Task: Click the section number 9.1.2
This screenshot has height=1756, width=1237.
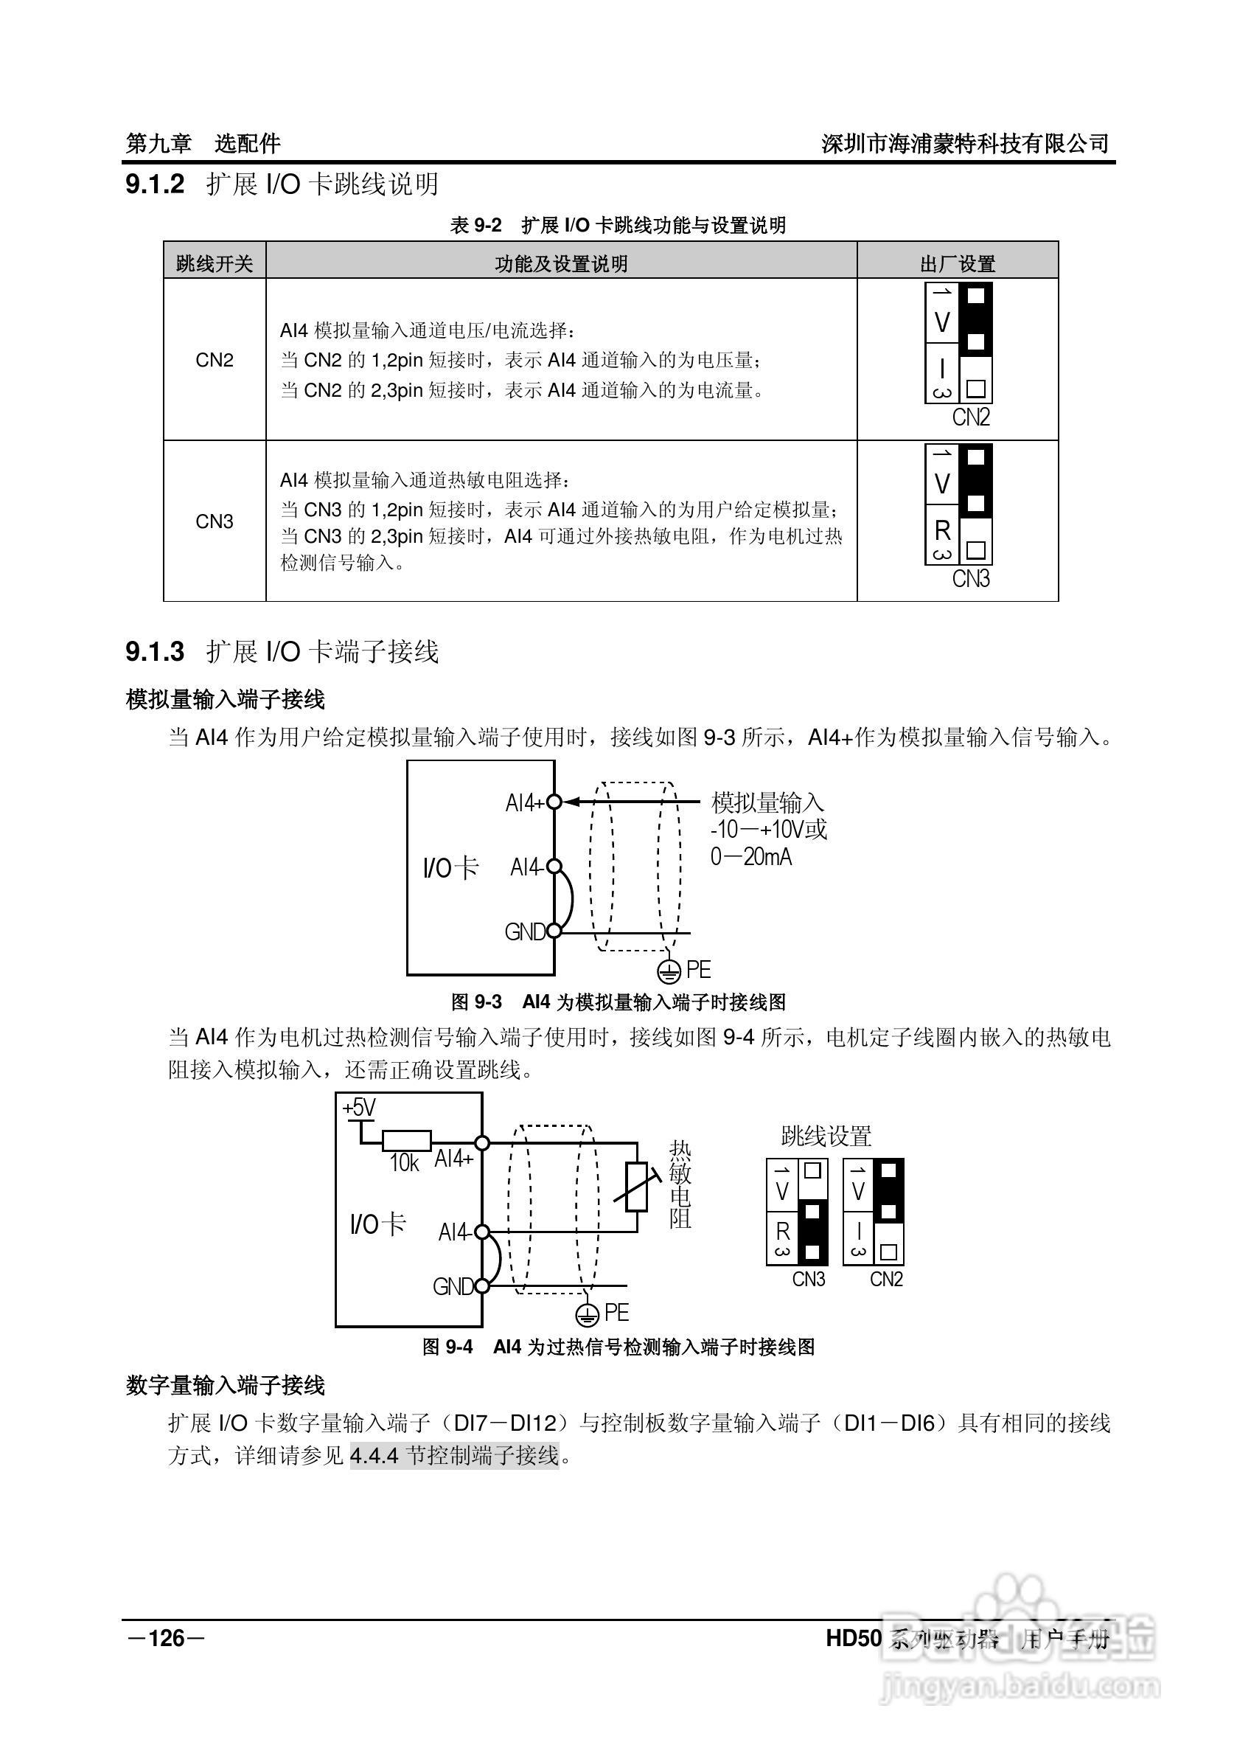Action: click(156, 184)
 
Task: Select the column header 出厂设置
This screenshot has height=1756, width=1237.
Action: click(957, 264)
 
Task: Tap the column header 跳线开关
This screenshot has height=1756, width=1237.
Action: click(214, 264)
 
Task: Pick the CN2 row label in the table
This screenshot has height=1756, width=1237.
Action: click(214, 360)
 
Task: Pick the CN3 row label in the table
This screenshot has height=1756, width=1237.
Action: click(214, 521)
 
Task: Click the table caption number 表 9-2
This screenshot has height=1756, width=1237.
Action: click(475, 226)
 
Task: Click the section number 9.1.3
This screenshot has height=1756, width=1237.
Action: click(156, 652)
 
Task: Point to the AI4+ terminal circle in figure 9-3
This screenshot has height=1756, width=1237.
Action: click(555, 802)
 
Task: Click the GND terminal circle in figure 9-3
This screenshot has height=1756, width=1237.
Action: click(555, 931)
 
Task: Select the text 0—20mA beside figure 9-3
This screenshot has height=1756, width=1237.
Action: click(750, 858)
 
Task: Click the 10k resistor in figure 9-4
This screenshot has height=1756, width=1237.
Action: click(407, 1141)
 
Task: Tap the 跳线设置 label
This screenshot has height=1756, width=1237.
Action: click(826, 1136)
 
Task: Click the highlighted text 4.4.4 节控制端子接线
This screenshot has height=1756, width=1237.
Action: click(455, 1454)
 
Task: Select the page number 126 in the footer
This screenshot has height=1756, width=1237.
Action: click(166, 1637)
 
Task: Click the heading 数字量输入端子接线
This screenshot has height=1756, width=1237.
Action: click(226, 1385)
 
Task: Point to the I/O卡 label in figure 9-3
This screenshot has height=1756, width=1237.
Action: click(450, 867)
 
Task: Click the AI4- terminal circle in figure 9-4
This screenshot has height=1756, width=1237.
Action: click(482, 1232)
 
